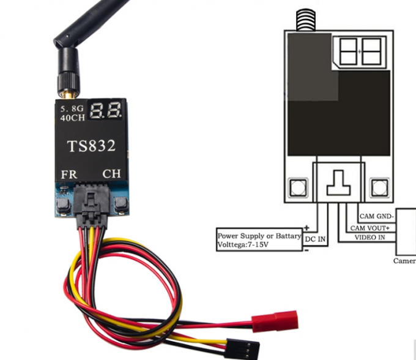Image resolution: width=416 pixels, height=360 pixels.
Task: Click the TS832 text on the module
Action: (91, 146)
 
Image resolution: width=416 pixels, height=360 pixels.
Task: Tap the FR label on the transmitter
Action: (69, 174)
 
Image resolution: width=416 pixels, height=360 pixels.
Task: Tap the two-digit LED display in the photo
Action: (107, 111)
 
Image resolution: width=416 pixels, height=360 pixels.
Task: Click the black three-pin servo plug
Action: (241, 348)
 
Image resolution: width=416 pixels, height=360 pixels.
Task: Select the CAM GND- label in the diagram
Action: (376, 216)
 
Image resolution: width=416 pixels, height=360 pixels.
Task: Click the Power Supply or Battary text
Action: (259, 235)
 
